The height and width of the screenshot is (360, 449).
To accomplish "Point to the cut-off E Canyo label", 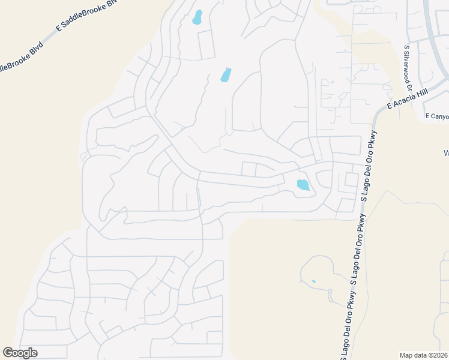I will pos(436,116).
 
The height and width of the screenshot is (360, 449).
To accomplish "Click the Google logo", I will pos(20,353).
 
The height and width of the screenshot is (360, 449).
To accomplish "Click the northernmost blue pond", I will pos(197,17).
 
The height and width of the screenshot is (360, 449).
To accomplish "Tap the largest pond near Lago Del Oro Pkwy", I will pos(303,185).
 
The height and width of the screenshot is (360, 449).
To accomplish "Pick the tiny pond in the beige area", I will pos(313,281).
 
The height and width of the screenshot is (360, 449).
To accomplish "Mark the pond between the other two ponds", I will pos(226,75).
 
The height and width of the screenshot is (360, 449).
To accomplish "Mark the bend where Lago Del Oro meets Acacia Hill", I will pos(377,114).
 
